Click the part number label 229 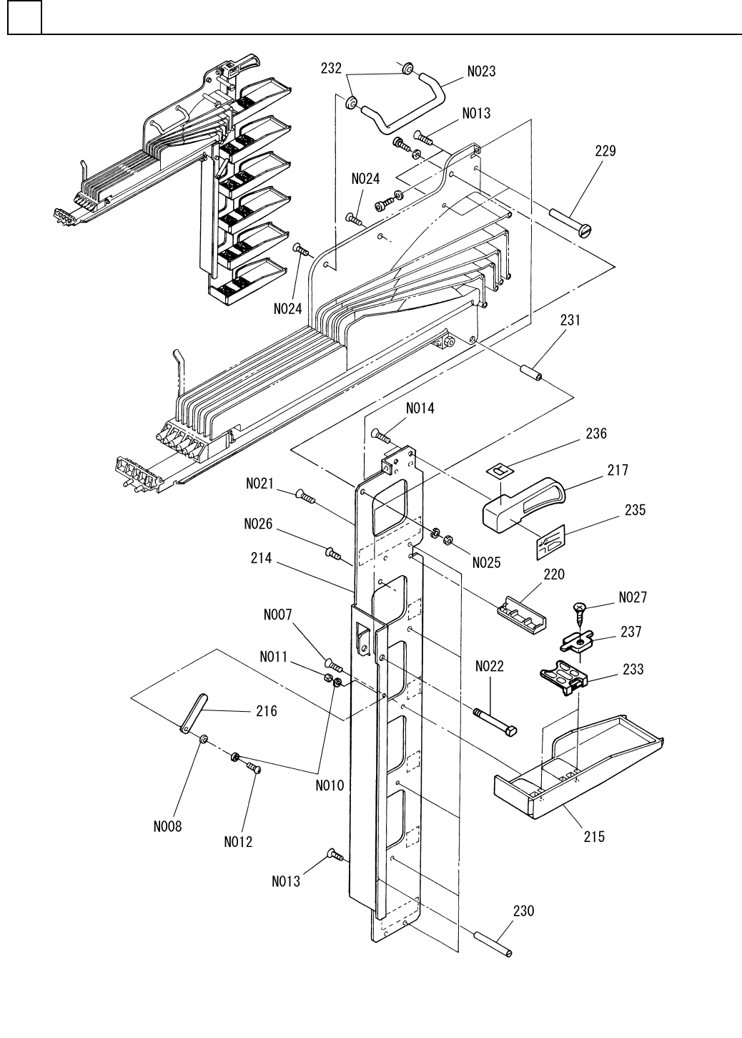(605, 151)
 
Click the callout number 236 (595, 434)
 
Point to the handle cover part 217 (525, 504)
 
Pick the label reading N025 (486, 563)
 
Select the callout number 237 (630, 632)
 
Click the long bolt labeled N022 (495, 720)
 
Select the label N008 (167, 827)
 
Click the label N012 (238, 842)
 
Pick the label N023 (481, 72)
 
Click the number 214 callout (261, 558)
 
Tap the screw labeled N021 (305, 495)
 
